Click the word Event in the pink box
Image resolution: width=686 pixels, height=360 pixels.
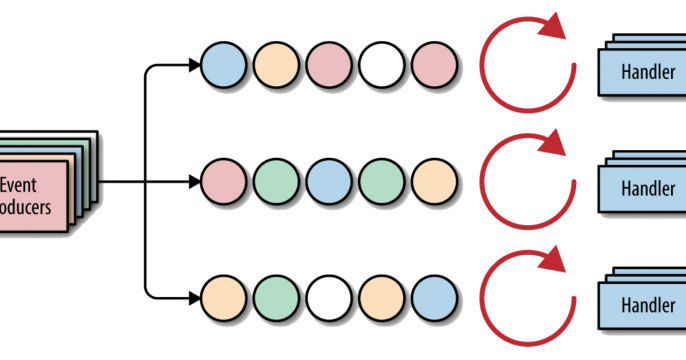point(20,184)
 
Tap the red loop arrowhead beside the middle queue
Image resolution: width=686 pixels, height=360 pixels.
point(552,147)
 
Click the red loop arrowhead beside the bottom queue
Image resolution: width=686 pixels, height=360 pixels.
point(552,262)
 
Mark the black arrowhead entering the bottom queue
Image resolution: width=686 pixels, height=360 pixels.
point(193,298)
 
